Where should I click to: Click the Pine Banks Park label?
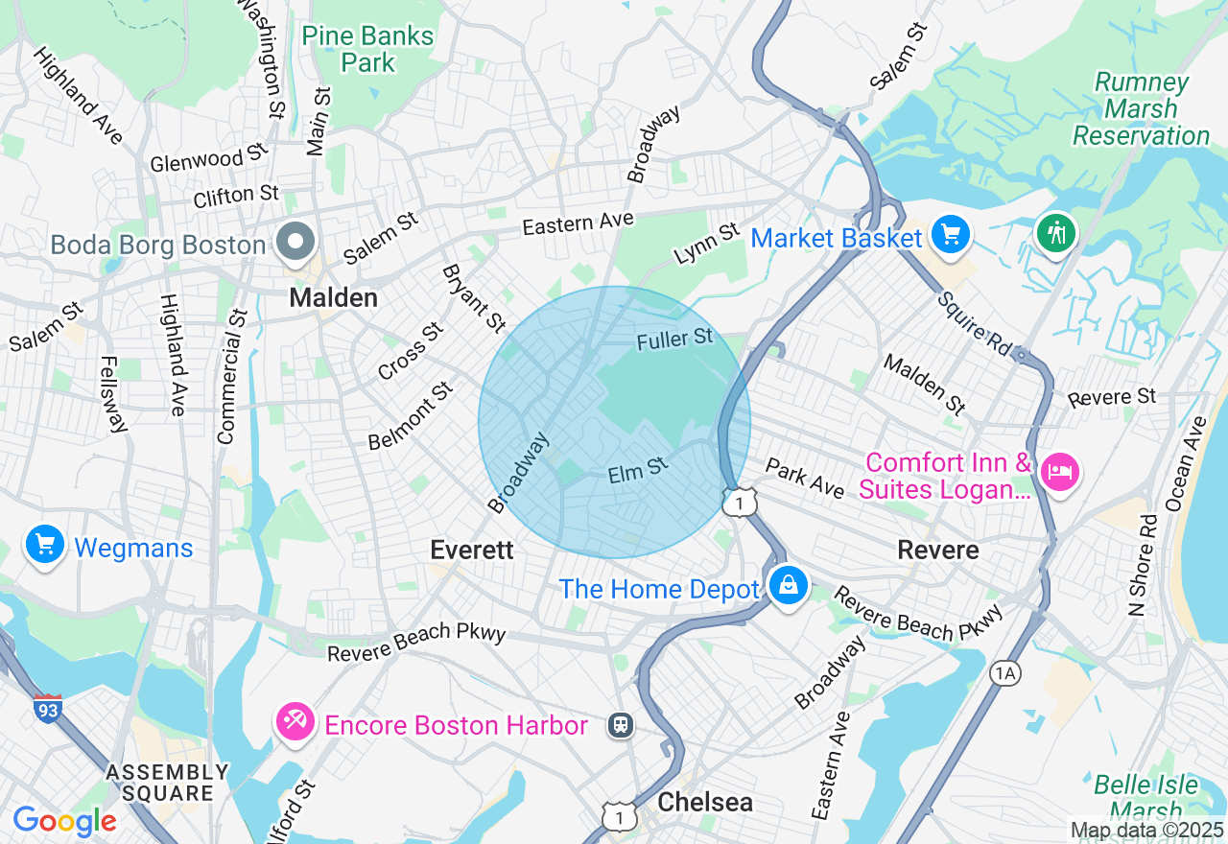pyautogui.click(x=368, y=50)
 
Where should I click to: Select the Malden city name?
pyautogui.click(x=334, y=298)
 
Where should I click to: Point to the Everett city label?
pyautogui.click(x=472, y=550)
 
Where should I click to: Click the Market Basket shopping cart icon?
pyautogui.click(x=951, y=234)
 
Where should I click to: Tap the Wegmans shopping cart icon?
pyautogui.click(x=44, y=545)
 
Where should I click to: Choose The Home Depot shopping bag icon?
pyautogui.click(x=788, y=584)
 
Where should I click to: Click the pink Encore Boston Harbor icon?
pyautogui.click(x=295, y=720)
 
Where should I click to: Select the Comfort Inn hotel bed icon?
pyautogui.click(x=1060, y=472)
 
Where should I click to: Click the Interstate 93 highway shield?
pyautogui.click(x=48, y=708)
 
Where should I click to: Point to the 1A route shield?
pyautogui.click(x=1004, y=674)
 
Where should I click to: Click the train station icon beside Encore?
pyautogui.click(x=621, y=725)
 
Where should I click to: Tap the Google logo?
pyautogui.click(x=64, y=821)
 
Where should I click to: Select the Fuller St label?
pyautogui.click(x=675, y=339)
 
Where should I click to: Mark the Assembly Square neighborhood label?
pyautogui.click(x=168, y=783)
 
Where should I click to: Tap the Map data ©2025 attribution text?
pyautogui.click(x=1146, y=830)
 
